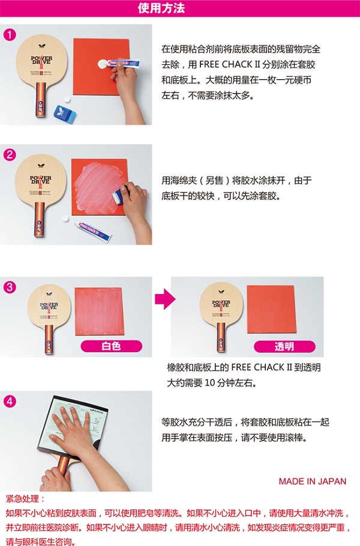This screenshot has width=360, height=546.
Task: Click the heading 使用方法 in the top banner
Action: click(x=161, y=8)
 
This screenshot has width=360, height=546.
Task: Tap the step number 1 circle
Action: click(x=10, y=34)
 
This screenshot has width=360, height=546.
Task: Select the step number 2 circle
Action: click(x=10, y=154)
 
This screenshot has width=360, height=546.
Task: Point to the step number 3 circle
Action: click(x=10, y=287)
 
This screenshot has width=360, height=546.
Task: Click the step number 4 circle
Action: click(x=10, y=401)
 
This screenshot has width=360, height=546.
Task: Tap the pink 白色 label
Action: click(x=112, y=346)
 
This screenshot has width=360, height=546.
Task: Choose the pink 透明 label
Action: click(x=284, y=346)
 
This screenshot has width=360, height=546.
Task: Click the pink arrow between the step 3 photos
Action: click(x=165, y=299)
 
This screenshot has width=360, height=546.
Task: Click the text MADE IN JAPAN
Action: click(x=313, y=481)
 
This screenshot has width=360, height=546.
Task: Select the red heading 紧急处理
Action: click(x=25, y=499)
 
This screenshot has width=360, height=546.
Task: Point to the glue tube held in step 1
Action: click(x=123, y=64)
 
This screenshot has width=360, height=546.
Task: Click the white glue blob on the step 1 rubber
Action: click(x=103, y=65)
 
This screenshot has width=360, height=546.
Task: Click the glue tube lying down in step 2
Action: click(x=92, y=231)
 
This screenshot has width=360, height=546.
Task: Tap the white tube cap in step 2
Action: click(x=65, y=219)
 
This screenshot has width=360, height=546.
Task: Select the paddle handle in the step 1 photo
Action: click(x=40, y=100)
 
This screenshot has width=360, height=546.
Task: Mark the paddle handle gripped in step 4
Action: click(x=63, y=467)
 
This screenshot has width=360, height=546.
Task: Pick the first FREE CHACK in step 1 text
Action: click(x=225, y=64)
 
